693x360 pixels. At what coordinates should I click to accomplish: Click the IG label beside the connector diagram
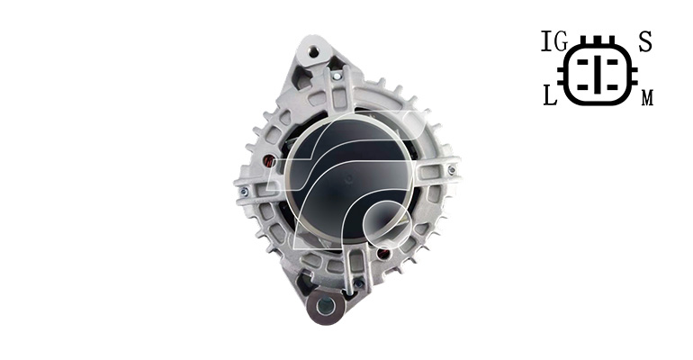coord(554,41)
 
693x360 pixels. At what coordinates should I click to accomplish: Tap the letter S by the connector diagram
coord(645,41)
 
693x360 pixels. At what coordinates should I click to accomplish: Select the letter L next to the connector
coord(550,95)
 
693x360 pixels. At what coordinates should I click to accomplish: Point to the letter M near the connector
coord(647,97)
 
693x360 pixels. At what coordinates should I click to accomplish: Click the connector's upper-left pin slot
coord(582,62)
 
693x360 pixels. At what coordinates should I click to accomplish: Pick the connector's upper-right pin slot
coord(613,62)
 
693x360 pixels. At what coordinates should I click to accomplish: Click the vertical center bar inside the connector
coord(598,74)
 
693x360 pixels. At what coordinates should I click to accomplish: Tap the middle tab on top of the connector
coord(598,40)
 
